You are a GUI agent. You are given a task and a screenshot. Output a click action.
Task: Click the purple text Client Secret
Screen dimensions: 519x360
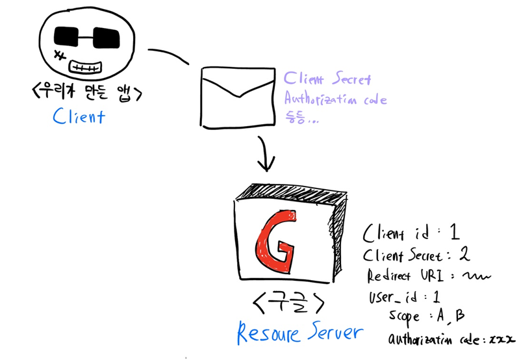[327, 80]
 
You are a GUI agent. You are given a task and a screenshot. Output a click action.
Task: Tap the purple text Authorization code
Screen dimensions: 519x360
[336, 100]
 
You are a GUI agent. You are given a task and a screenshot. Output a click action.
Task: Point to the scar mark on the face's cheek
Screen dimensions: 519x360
[60, 53]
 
